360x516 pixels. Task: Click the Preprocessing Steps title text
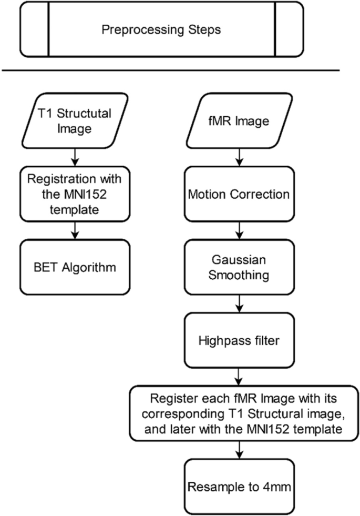click(x=161, y=29)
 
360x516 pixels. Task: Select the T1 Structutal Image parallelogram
click(x=77, y=121)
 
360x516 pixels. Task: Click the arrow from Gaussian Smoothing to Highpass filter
click(x=239, y=303)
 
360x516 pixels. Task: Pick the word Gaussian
click(x=239, y=260)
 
